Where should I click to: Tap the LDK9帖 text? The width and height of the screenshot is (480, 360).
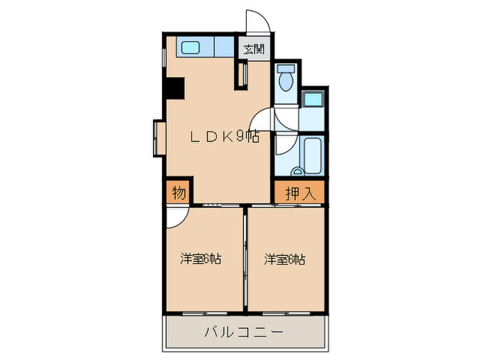[x=224, y=137]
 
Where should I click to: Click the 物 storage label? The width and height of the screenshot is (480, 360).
[x=178, y=193]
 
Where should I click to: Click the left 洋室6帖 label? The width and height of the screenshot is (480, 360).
[x=201, y=259]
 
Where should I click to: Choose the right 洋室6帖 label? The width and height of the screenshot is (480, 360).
[x=285, y=259]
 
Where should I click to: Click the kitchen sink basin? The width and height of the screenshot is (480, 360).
[x=190, y=48]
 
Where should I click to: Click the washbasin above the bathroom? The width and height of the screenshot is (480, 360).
[x=313, y=99]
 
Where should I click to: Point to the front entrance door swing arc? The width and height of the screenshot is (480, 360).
[x=256, y=21]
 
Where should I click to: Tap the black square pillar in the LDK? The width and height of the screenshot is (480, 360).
[x=173, y=88]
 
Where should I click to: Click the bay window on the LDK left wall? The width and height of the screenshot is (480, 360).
[x=159, y=139]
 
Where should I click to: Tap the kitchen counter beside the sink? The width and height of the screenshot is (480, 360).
[x=223, y=48]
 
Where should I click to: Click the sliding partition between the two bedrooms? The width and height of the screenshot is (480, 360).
[x=245, y=260]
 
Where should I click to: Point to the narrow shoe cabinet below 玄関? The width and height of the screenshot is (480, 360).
[x=242, y=75]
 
